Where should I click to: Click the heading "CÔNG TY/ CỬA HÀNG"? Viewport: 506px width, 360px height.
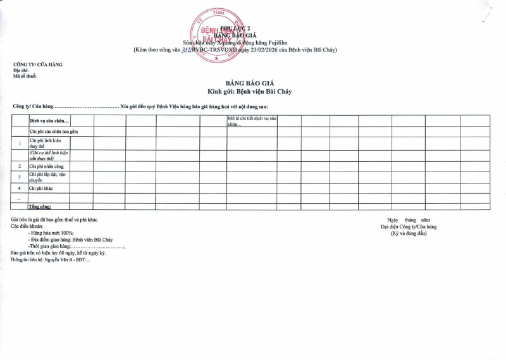click(x=38, y=65)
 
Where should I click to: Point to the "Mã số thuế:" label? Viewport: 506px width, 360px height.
click(x=25, y=76)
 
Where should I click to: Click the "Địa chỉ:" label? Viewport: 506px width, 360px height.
click(x=22, y=70)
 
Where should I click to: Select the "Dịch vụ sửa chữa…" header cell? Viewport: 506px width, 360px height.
click(x=49, y=120)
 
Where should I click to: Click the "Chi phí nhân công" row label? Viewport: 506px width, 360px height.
click(x=47, y=166)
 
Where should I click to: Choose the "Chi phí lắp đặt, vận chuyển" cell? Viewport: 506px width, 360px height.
click(x=48, y=177)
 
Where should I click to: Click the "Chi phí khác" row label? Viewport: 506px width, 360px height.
click(x=41, y=188)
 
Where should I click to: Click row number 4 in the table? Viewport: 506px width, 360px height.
click(x=20, y=188)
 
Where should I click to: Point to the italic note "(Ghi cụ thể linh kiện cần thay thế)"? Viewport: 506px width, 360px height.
click(x=48, y=155)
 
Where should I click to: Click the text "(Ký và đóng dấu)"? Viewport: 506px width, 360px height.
click(x=408, y=233)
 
